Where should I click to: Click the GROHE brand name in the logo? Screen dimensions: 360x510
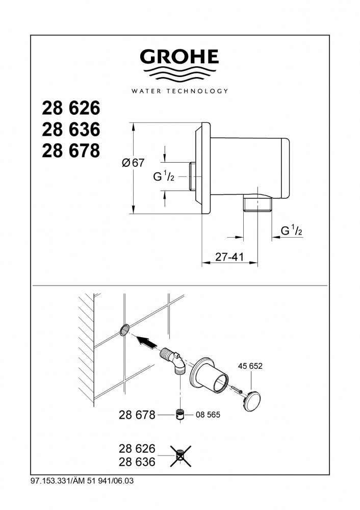point(179,57)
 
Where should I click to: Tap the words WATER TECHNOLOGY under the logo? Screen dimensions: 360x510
point(179,91)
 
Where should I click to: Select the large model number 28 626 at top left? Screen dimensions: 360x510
point(71,108)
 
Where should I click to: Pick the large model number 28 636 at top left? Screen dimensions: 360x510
point(71,130)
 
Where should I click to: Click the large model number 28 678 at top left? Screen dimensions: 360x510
point(71,151)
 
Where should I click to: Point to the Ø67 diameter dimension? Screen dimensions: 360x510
point(133,163)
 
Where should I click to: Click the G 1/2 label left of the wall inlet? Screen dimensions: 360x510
point(164,176)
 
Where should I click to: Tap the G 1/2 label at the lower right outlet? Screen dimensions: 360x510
point(291,231)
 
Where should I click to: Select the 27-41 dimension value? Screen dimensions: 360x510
point(229,257)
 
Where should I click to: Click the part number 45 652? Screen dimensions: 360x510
point(250,366)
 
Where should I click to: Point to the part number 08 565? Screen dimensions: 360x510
point(208,415)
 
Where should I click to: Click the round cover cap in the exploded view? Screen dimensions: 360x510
point(253,401)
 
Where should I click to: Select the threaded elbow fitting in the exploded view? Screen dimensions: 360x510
point(174,362)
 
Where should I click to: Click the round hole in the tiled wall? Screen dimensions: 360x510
point(124,330)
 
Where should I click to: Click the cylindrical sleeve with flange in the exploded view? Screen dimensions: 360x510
point(209,377)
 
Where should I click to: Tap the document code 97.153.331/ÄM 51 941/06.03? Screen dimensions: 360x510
point(82,481)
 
